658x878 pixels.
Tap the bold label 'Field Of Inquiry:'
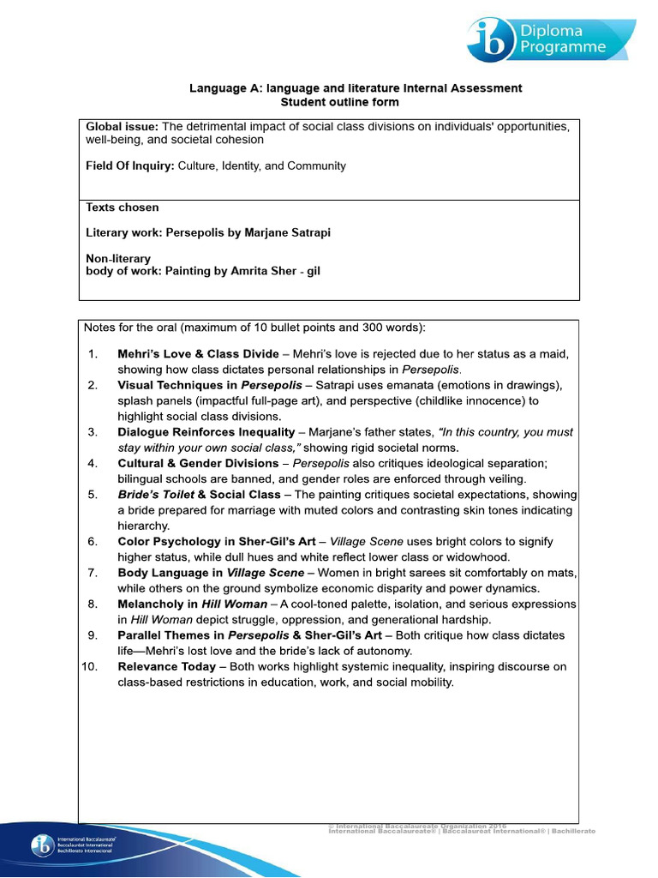click(130, 165)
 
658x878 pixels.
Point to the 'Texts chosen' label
click(122, 207)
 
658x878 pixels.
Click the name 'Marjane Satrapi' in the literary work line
click(283, 232)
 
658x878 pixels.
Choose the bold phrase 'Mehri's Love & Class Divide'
click(198, 353)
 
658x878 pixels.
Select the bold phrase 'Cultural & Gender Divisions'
click(198, 463)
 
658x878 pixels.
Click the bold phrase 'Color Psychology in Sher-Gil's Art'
click(218, 542)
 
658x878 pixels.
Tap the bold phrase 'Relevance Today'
click(167, 667)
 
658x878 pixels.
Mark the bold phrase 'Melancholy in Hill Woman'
click(192, 604)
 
